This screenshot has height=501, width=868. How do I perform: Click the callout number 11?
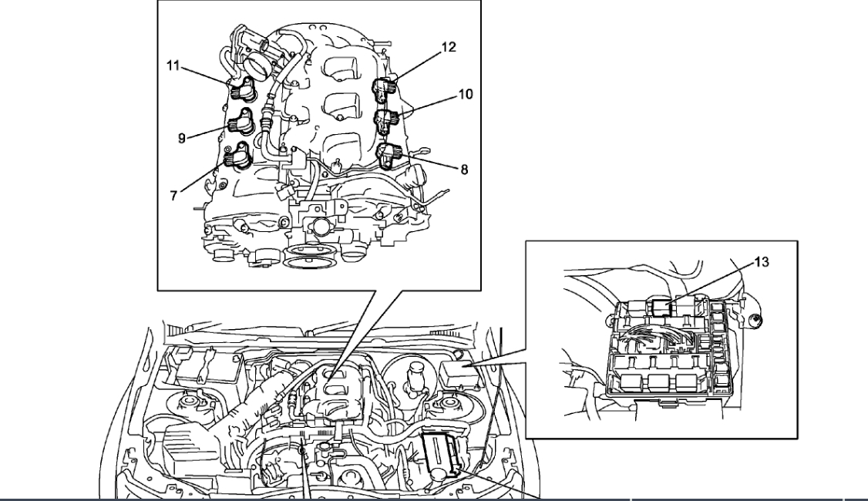point(173,66)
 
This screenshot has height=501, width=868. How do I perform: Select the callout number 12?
point(449,47)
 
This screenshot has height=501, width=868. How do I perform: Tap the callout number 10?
point(465,95)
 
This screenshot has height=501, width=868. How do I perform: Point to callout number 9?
point(182,139)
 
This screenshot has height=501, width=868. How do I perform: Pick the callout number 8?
point(464,170)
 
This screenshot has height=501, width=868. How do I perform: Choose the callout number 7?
point(174,196)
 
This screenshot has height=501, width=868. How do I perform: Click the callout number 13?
point(761,262)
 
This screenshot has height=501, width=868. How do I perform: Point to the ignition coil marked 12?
point(385,89)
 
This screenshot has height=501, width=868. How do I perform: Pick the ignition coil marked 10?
point(385,120)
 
